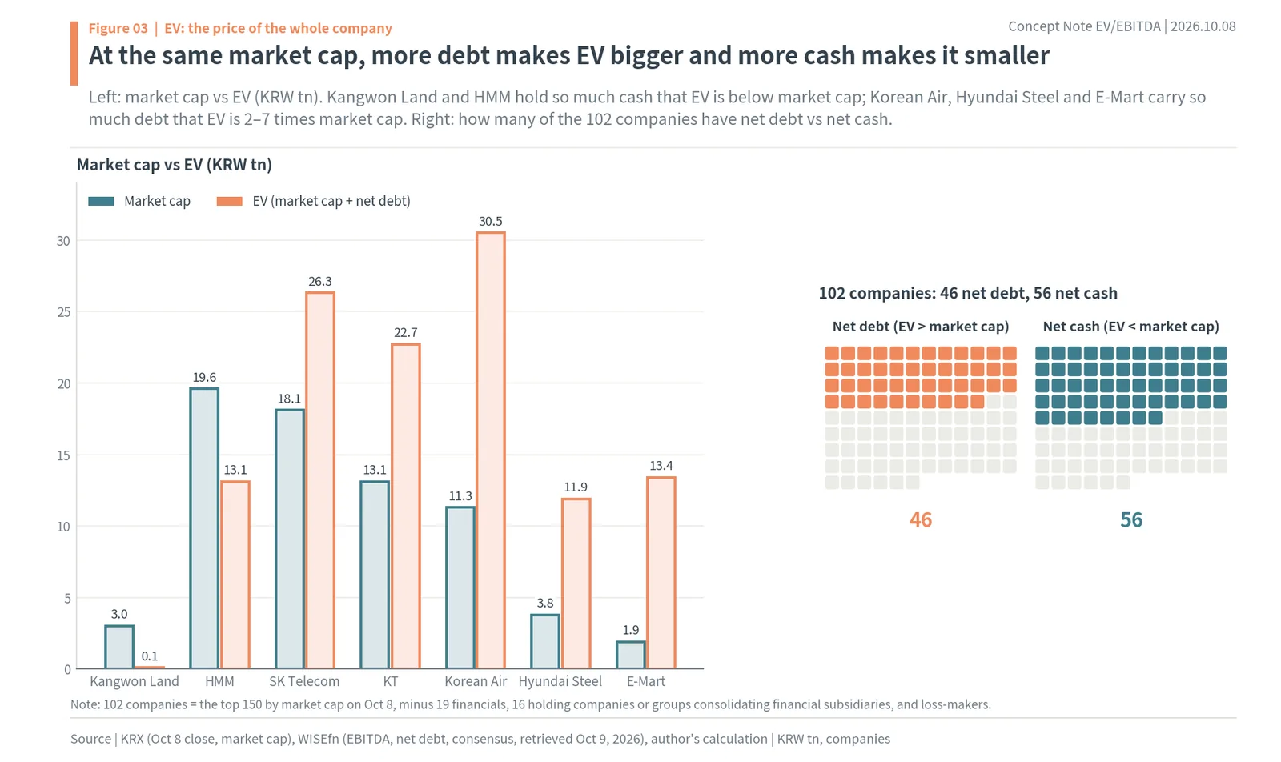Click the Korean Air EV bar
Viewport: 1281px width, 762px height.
point(491,450)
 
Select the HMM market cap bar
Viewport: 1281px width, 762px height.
point(204,528)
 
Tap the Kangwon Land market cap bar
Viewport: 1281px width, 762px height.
point(119,647)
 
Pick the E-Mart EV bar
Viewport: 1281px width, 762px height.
point(661,572)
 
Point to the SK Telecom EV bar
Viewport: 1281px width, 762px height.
point(319,480)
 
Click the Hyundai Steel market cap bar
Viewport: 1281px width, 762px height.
point(545,641)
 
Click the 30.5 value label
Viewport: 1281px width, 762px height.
point(491,221)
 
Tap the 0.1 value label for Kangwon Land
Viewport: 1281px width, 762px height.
point(149,656)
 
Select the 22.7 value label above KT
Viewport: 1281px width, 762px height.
point(405,333)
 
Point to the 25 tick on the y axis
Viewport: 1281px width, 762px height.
point(63,312)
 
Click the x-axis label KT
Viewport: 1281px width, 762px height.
point(390,681)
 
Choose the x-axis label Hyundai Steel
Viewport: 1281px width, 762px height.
point(560,681)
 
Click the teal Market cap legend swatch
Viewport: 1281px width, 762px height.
point(101,201)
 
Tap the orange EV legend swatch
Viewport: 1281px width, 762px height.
point(229,201)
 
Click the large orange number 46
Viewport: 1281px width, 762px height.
point(921,519)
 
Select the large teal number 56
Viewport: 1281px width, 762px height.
point(1131,519)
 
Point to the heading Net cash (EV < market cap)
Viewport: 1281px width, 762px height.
point(1131,327)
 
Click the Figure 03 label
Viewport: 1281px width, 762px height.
point(118,28)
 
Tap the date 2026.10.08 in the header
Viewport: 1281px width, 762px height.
point(1203,27)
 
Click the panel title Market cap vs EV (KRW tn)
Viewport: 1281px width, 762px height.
point(175,165)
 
